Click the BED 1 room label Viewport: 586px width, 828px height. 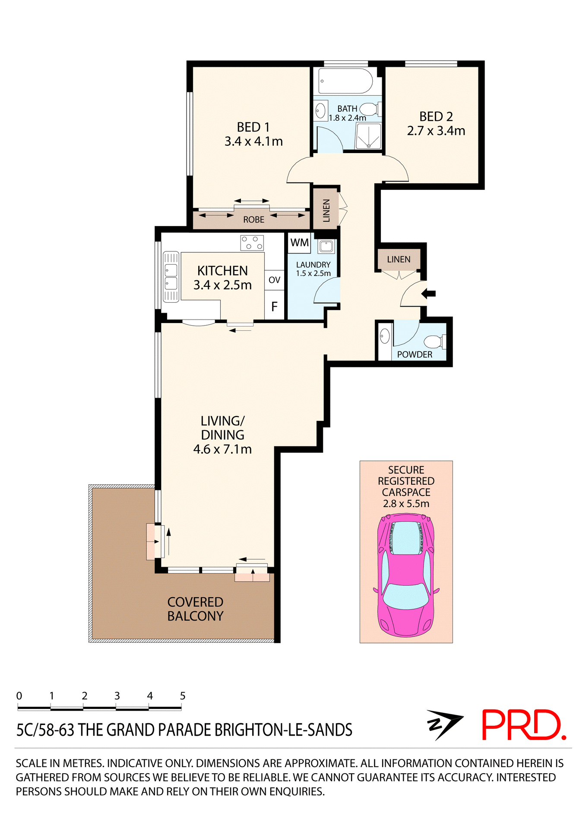[x=253, y=127]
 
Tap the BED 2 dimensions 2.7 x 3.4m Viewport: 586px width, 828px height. [x=436, y=131]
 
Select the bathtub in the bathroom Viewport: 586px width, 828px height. [x=345, y=81]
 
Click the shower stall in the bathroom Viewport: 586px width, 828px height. [x=368, y=136]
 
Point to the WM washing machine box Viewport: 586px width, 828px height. [x=299, y=242]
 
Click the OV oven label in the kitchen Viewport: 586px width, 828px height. [x=274, y=280]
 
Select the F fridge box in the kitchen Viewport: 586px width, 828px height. [x=274, y=307]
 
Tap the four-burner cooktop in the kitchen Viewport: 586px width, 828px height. [x=252, y=243]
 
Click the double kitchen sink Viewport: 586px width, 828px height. [x=171, y=277]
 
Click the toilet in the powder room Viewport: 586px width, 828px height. [x=434, y=342]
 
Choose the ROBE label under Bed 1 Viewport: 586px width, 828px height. [x=253, y=220]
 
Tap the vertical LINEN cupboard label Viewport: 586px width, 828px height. [x=326, y=210]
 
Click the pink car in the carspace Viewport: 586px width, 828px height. [x=405, y=576]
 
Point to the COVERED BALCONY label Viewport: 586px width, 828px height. [x=195, y=609]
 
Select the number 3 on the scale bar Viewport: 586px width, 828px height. [x=117, y=696]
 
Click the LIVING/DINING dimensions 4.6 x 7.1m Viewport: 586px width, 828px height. [x=222, y=449]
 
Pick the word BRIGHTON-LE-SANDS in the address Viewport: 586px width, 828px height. [x=283, y=730]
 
